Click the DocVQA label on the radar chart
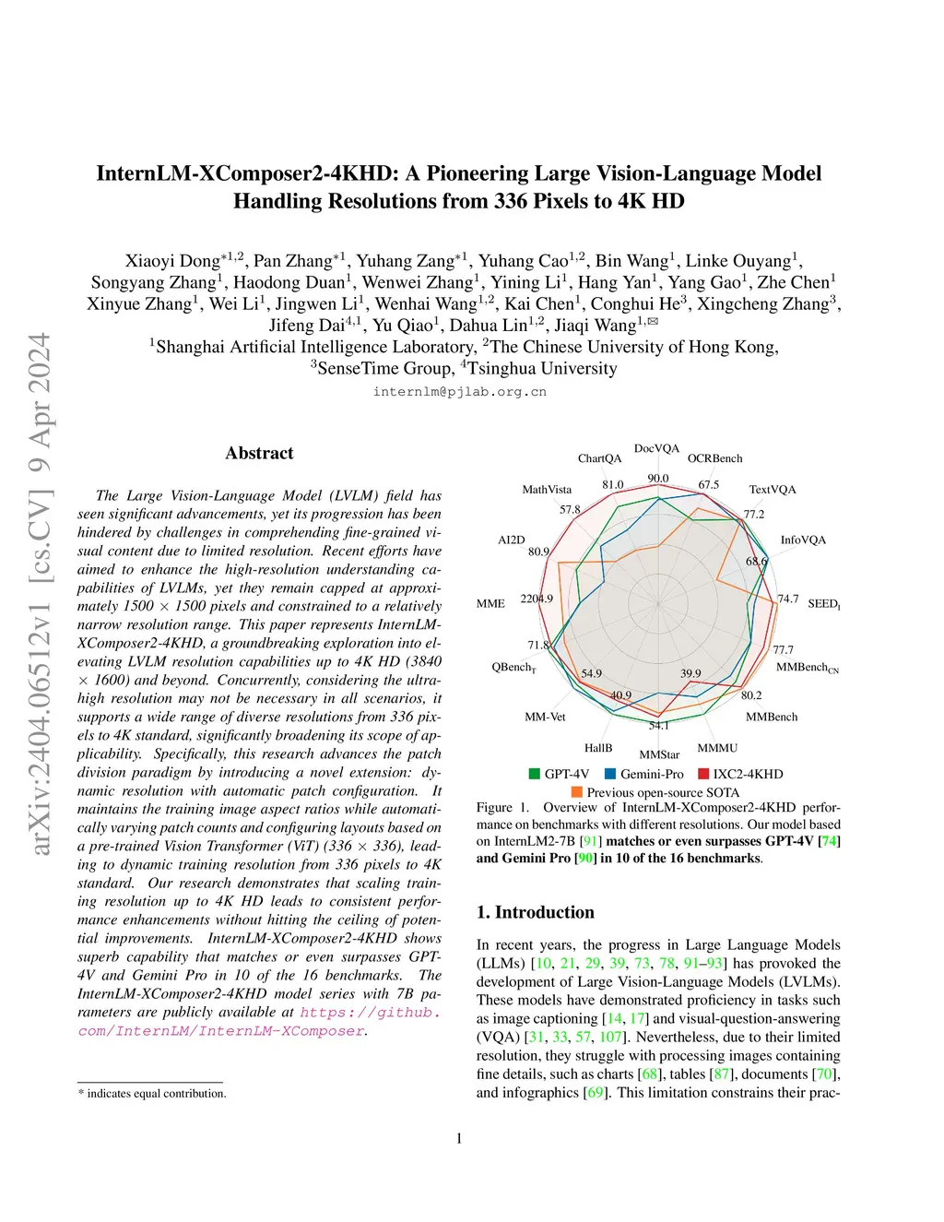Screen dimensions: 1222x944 pos(656,448)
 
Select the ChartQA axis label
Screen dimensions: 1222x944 pos(599,458)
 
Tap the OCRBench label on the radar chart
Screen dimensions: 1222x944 pos(714,458)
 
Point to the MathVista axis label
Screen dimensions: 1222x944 pos(547,490)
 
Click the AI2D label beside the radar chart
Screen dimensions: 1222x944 pos(511,540)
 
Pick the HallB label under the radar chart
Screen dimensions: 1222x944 pos(598,748)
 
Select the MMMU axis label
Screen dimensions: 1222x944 pos(717,748)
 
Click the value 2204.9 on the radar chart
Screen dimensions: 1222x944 pos(537,599)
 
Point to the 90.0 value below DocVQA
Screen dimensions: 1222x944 pos(658,478)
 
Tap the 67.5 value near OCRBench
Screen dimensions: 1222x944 pos(708,484)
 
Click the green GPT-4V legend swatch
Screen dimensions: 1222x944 pos(535,774)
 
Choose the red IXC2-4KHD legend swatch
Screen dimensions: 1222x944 pos(703,774)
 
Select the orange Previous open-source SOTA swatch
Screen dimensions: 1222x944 pos(577,792)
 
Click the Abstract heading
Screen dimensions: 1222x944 pos(259,453)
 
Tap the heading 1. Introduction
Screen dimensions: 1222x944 pos(536,912)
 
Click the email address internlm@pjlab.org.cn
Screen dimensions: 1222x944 pos(459,392)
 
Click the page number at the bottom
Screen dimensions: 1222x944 pos(459,1138)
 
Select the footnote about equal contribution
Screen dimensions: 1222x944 pos(152,1094)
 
